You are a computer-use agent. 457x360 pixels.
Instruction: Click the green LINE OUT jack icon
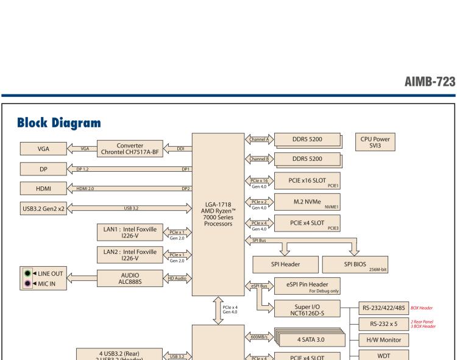point(28,274)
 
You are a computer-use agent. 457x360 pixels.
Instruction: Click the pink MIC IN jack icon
point(28,282)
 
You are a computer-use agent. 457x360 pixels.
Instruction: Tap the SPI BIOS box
point(357,265)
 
